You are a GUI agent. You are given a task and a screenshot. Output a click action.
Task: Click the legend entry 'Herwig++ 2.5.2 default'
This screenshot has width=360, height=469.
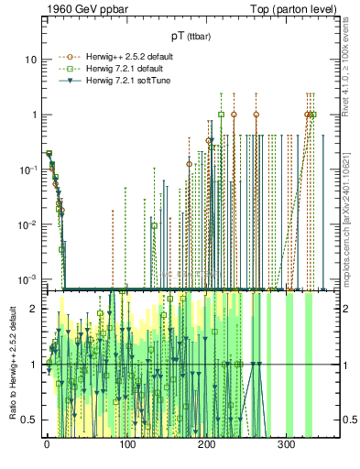coord(119,56)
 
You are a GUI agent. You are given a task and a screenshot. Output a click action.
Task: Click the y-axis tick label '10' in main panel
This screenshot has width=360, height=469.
coord(30,60)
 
